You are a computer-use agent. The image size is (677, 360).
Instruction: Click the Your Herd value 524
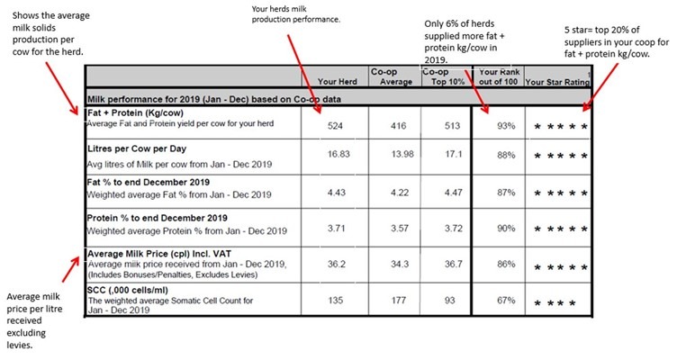tap(335, 126)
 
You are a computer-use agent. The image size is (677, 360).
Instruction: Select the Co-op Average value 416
tap(398, 126)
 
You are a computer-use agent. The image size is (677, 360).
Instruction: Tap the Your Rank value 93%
tap(506, 126)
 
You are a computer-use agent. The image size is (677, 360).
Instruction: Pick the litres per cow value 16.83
tap(338, 154)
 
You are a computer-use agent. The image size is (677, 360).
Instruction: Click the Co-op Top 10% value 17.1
tap(454, 154)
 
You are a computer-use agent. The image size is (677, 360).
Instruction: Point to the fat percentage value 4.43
tap(337, 193)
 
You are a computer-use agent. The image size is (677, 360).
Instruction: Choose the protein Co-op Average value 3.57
tap(400, 229)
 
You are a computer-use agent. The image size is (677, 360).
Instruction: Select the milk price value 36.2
tap(337, 265)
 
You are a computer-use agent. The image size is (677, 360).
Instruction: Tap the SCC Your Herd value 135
tap(336, 300)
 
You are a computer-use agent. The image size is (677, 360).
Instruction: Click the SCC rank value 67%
tap(506, 300)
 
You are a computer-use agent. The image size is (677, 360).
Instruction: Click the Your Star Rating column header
tap(557, 82)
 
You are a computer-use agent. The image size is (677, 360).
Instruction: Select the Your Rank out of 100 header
tap(499, 76)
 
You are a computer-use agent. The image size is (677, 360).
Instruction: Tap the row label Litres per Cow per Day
tap(137, 148)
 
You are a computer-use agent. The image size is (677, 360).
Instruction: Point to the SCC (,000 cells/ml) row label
tap(128, 290)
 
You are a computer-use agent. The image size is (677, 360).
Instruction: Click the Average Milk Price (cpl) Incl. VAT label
tap(159, 254)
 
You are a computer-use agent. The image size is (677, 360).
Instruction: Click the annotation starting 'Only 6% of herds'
tap(465, 42)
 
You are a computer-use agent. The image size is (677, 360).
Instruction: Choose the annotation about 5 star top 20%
tap(617, 42)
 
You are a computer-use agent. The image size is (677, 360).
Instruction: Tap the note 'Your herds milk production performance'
tap(296, 13)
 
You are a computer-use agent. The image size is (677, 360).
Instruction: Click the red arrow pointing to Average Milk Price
tap(71, 270)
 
